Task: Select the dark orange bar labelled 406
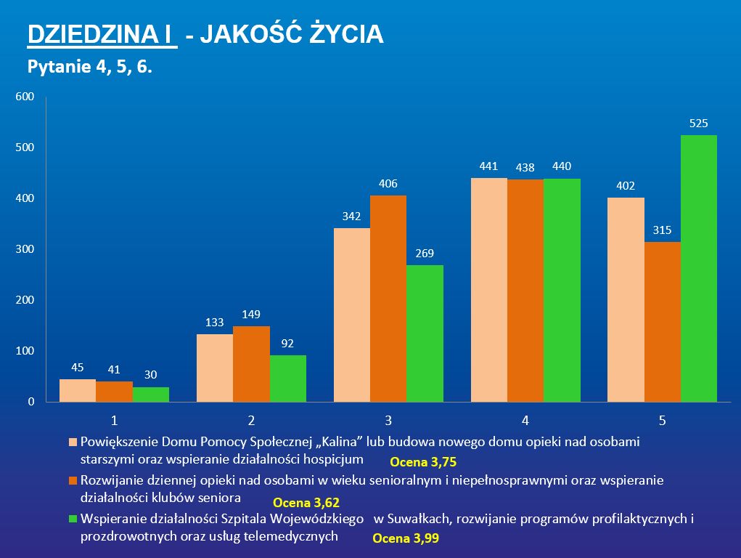tap(388, 298)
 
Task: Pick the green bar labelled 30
tap(151, 394)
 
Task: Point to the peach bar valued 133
tap(215, 368)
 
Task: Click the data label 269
tap(425, 254)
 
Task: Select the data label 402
tap(626, 187)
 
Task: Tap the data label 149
tap(251, 315)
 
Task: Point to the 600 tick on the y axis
tap(25, 97)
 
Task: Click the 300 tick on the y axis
tap(25, 249)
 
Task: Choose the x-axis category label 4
tap(525, 421)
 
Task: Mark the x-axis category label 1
tap(114, 421)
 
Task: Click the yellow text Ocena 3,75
tap(423, 462)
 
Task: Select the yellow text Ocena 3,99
tap(406, 539)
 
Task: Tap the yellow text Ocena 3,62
tap(306, 502)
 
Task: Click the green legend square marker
tap(72, 519)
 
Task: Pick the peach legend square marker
tap(72, 442)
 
